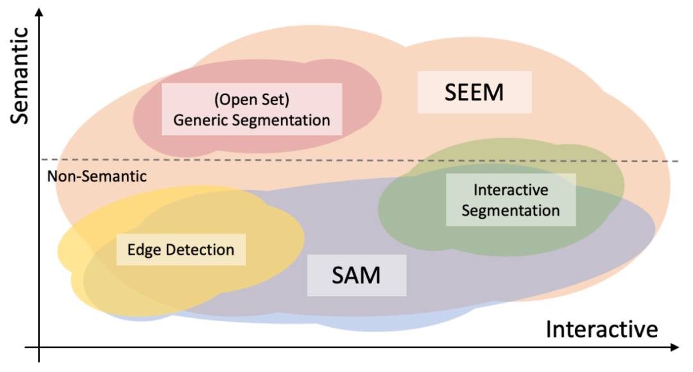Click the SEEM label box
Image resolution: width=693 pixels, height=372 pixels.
474,92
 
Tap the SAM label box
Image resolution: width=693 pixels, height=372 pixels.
356,275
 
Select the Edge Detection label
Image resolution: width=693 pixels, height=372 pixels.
181,249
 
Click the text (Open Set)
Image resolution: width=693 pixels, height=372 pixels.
252,101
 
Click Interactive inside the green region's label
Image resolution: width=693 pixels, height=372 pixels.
511,190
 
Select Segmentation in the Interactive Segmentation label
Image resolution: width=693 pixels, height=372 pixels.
511,210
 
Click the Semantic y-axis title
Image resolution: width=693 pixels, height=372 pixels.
21,75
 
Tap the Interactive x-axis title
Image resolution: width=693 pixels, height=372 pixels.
602,329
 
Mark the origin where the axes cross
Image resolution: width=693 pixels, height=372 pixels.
40,348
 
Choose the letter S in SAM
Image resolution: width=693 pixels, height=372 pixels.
339,275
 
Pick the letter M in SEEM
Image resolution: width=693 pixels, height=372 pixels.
492,92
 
